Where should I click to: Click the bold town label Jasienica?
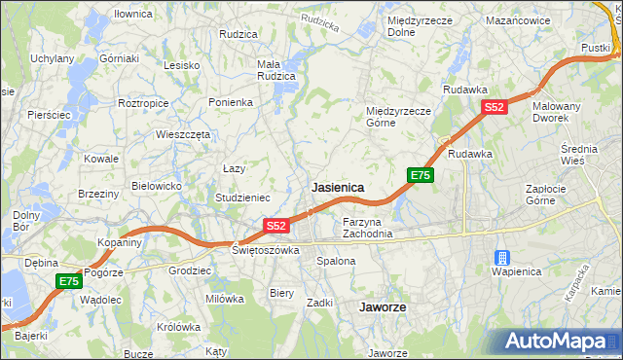click(337, 186)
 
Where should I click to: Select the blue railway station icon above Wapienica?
click(502, 258)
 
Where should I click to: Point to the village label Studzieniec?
click(242, 198)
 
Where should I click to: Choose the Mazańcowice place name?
click(519, 19)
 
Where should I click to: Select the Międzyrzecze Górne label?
click(398, 117)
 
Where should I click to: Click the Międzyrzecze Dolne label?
click(415, 26)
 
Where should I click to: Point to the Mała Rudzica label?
click(275, 71)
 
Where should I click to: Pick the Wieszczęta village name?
click(183, 135)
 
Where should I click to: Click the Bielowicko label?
click(157, 185)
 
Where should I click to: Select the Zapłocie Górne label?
click(553, 195)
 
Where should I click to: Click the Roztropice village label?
click(144, 102)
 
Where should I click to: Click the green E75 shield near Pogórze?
click(68, 281)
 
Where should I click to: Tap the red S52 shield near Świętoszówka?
click(276, 226)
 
